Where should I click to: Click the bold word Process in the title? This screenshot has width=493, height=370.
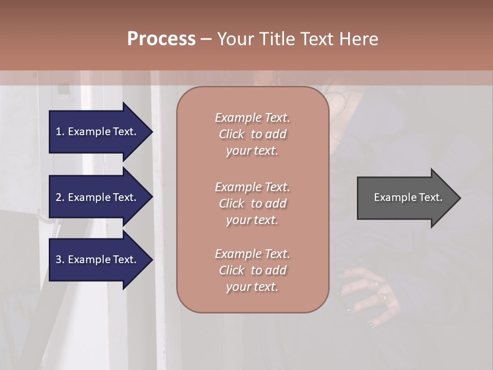pyautogui.click(x=161, y=39)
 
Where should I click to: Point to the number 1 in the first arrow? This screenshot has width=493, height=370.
pyautogui.click(x=59, y=132)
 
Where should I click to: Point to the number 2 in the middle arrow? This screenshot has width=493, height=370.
pyautogui.click(x=59, y=197)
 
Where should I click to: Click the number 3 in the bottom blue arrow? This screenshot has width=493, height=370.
pyautogui.click(x=59, y=260)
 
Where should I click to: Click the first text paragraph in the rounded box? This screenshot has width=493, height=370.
pyautogui.click(x=252, y=134)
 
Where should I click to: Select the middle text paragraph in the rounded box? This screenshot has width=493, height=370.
pyautogui.click(x=252, y=203)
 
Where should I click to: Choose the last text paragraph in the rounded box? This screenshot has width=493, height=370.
pyautogui.click(x=252, y=270)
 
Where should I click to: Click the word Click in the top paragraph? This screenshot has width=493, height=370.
pyautogui.click(x=232, y=134)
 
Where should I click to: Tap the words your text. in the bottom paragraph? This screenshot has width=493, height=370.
pyautogui.click(x=252, y=287)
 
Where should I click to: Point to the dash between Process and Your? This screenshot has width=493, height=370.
pyautogui.click(x=206, y=39)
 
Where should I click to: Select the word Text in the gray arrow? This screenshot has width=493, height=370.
pyautogui.click(x=431, y=197)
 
